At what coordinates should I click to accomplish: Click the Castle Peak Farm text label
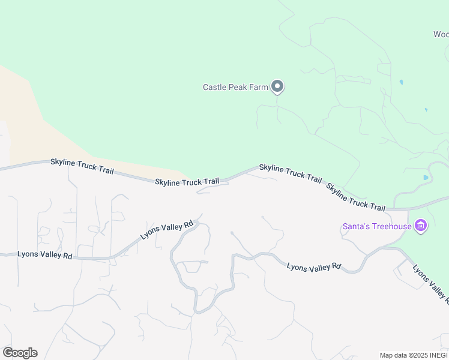pyautogui.click(x=235, y=87)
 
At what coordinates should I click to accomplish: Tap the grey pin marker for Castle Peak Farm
pyautogui.click(x=277, y=87)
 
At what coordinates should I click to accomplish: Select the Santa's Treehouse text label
pyautogui.click(x=377, y=226)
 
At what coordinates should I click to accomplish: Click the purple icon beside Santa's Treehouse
pyautogui.click(x=421, y=226)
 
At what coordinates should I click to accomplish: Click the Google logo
pyautogui.click(x=20, y=353)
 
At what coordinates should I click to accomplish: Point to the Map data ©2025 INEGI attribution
pyautogui.click(x=414, y=355)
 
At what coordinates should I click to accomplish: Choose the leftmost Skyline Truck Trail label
pyautogui.click(x=82, y=166)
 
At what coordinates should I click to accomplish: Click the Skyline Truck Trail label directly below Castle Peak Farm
pyautogui.click(x=291, y=173)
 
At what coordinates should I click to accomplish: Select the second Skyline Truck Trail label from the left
pyautogui.click(x=187, y=181)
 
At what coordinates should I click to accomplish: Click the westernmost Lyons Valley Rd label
pyautogui.click(x=45, y=255)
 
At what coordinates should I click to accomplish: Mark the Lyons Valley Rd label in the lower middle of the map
pyautogui.click(x=313, y=267)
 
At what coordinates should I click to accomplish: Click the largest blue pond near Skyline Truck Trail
pyautogui.click(x=426, y=178)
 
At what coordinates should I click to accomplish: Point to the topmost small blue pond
pyautogui.click(x=401, y=82)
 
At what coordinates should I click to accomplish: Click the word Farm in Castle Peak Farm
pyautogui.click(x=259, y=87)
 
